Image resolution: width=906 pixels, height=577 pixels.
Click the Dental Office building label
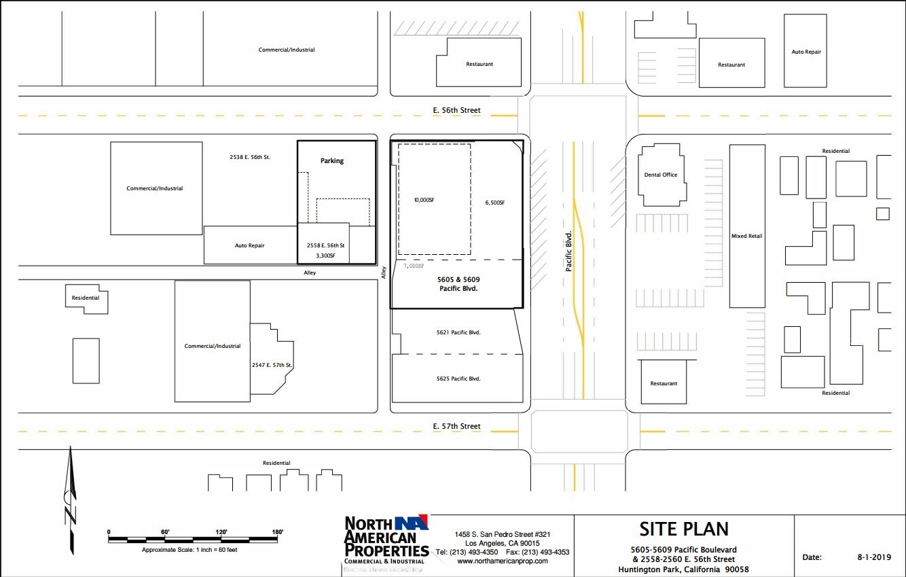[660, 175]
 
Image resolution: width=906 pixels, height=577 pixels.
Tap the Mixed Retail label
[746, 236]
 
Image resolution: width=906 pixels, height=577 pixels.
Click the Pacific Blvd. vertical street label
[569, 251]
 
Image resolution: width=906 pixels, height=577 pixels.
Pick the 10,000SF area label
[424, 200]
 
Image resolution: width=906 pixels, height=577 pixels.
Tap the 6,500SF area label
[494, 203]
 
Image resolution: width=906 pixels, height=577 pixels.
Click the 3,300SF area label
[326, 256]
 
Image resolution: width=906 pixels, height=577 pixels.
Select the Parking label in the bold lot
[332, 161]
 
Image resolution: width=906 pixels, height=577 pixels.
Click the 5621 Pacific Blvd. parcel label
[458, 332]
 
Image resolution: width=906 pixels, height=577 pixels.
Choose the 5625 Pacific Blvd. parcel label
[458, 379]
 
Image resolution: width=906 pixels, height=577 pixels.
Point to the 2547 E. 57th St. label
[272, 366]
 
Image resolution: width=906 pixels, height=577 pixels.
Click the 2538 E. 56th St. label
[250, 157]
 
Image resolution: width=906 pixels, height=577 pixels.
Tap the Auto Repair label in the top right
[806, 52]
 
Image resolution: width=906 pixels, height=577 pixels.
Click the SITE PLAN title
[683, 529]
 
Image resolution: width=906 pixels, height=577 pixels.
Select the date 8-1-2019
[873, 557]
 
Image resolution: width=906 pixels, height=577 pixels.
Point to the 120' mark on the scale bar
[221, 532]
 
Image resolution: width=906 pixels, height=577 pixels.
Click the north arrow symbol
[70, 500]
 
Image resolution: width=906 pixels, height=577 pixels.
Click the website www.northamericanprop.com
[502, 561]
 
